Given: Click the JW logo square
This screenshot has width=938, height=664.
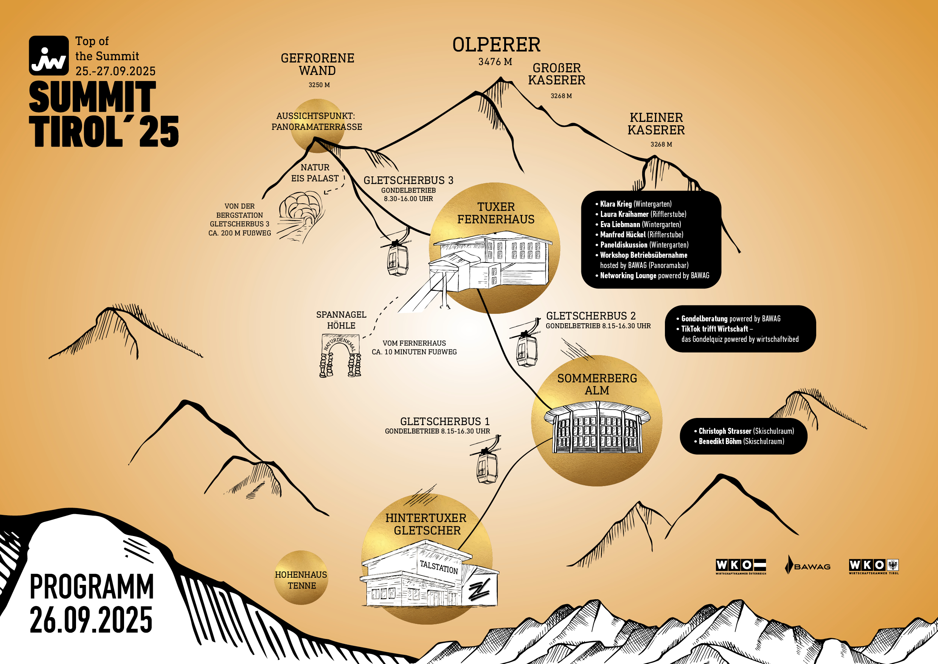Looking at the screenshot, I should (x=49, y=56).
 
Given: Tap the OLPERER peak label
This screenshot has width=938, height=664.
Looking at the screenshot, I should (x=496, y=45).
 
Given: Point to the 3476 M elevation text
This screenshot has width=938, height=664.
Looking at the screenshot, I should (x=495, y=62).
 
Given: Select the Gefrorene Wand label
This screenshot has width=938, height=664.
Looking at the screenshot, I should (x=317, y=65).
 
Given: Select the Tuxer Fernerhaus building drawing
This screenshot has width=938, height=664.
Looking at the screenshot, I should (x=490, y=262).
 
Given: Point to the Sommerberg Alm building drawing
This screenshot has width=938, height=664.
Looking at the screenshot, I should (x=597, y=427).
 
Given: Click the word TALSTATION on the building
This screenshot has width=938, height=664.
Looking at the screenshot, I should (x=439, y=567).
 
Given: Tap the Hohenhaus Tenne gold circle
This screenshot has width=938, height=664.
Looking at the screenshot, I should (x=301, y=578).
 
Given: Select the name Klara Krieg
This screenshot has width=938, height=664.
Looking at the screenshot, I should (x=616, y=204).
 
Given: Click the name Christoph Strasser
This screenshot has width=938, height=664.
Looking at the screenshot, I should (x=725, y=431).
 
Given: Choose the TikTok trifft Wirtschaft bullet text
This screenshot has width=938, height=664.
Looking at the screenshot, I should (x=715, y=329).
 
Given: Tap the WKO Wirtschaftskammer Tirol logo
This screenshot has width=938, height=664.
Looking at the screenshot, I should (x=874, y=566).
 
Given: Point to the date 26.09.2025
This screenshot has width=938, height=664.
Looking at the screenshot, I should (x=91, y=620).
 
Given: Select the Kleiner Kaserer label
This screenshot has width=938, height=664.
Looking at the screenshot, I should (x=656, y=124).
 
